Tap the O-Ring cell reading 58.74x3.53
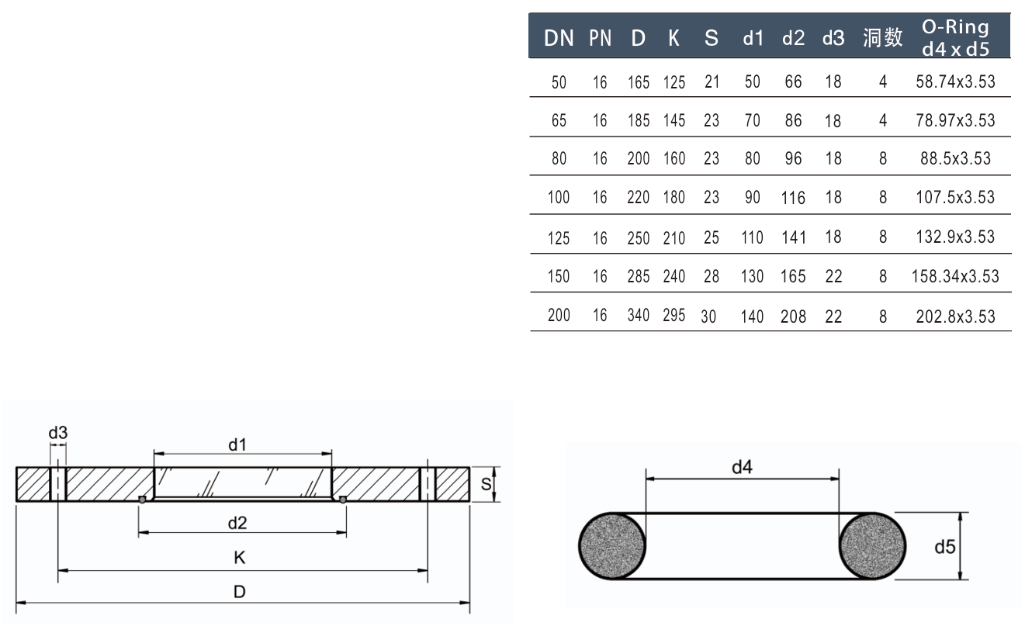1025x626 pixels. pyautogui.click(x=955, y=81)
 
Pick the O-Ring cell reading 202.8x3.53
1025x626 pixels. pyautogui.click(x=955, y=316)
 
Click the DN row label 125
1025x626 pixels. pyautogui.click(x=559, y=238)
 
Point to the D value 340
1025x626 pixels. pyautogui.click(x=639, y=315)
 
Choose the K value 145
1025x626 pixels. pyautogui.click(x=674, y=121)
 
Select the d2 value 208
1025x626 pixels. pyautogui.click(x=793, y=316)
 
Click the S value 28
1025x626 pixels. pyautogui.click(x=712, y=276)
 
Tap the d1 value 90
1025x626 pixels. pyautogui.click(x=752, y=198)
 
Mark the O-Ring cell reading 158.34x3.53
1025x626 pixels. pyautogui.click(x=955, y=276)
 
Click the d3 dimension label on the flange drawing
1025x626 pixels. pyautogui.click(x=58, y=433)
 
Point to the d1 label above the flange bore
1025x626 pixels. pyautogui.click(x=237, y=444)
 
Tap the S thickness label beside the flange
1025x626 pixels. pyautogui.click(x=486, y=485)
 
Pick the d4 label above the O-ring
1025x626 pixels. pyautogui.click(x=742, y=467)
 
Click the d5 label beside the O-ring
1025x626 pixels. pyautogui.click(x=944, y=547)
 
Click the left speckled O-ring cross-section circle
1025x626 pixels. pyautogui.click(x=612, y=546)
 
